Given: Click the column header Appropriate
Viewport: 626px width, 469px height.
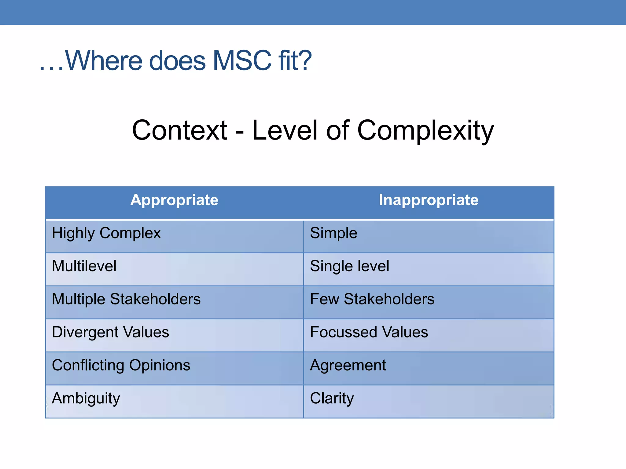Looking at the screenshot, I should click(x=174, y=200).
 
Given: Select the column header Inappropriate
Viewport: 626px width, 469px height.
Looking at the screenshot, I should click(x=429, y=200).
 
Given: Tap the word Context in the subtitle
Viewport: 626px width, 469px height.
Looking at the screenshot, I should click(x=179, y=131).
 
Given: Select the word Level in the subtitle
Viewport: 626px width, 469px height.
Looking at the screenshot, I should click(x=285, y=131).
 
